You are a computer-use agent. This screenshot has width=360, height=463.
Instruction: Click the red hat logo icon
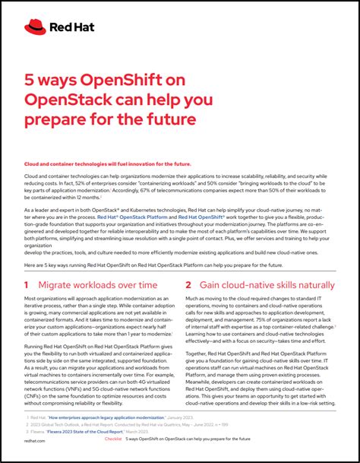[35, 27]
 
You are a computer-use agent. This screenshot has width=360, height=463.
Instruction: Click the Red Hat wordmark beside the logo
[66, 27]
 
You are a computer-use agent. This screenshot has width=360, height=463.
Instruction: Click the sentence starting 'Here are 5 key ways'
[152, 265]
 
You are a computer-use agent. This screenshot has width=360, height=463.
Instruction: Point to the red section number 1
[26, 284]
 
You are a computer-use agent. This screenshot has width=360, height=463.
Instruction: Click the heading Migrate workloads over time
[99, 284]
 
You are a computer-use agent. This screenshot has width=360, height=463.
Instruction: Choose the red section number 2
[188, 284]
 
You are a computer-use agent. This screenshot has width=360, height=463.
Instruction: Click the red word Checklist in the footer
[112, 439]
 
